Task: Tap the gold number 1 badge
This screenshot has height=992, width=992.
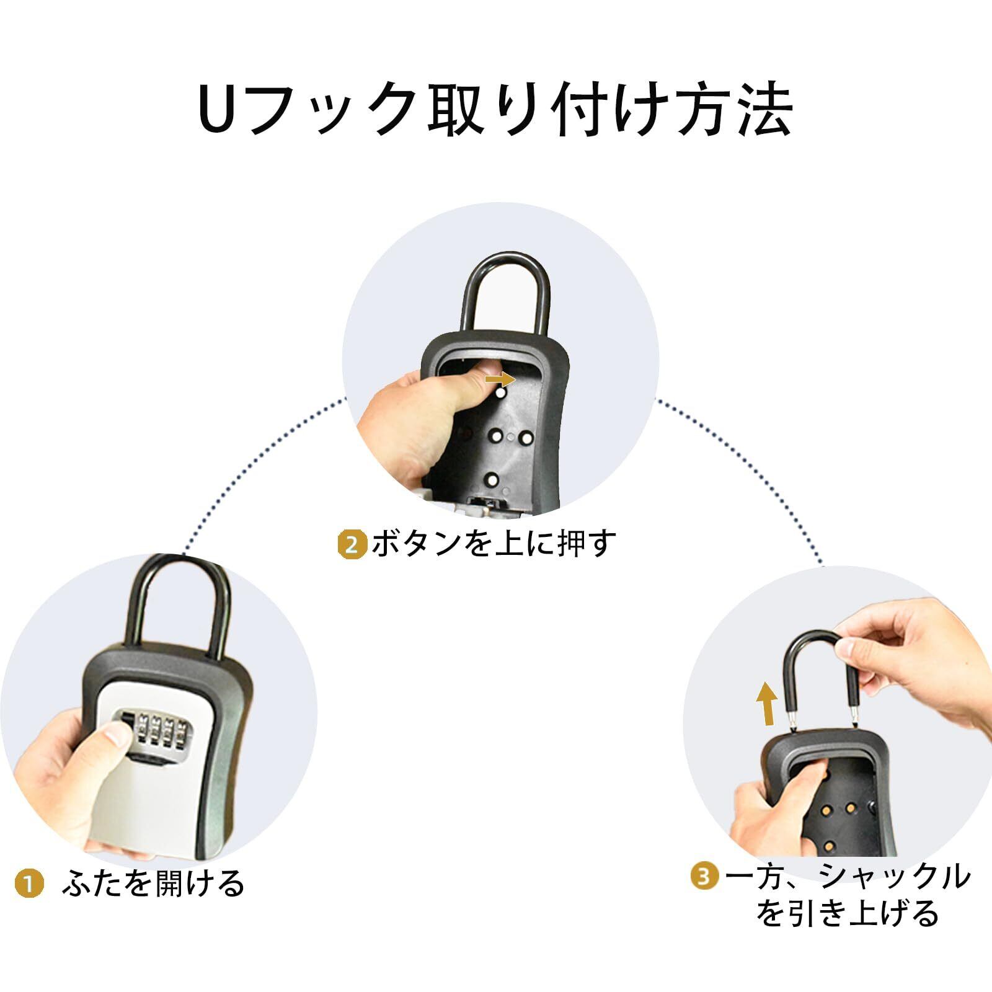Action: coord(29,883)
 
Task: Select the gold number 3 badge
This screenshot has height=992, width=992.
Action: coord(705,877)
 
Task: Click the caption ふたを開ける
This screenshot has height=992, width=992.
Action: coord(153,883)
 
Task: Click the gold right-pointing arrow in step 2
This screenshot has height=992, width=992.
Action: coord(500,378)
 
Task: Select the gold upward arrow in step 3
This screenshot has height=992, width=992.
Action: coord(768,703)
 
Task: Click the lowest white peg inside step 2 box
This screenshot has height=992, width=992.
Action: coord(492,479)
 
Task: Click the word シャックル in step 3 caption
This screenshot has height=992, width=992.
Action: coord(893,876)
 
